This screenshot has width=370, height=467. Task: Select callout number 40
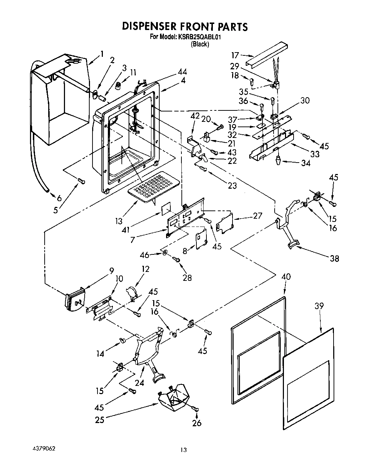coord(286,276)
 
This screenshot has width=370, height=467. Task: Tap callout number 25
coord(100,419)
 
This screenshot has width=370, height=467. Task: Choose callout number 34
coord(305,163)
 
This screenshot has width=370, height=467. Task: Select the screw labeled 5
coord(81,182)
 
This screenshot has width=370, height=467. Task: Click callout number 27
coord(257,215)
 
